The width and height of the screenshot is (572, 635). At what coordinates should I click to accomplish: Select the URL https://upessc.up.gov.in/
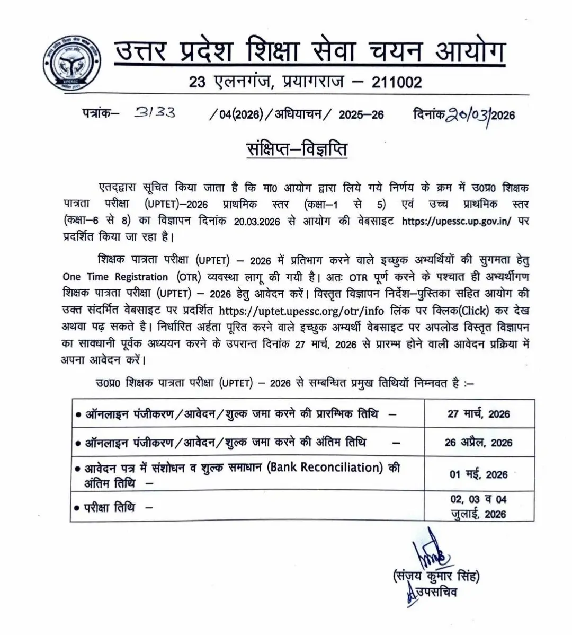tap(457, 221)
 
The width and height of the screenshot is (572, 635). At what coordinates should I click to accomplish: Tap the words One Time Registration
tap(115, 277)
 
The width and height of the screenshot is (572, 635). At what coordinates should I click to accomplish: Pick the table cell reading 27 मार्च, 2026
tap(478, 413)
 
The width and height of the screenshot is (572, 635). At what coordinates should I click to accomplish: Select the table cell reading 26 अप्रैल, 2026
tap(478, 442)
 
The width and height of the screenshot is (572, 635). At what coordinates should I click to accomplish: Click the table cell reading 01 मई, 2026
tap(478, 474)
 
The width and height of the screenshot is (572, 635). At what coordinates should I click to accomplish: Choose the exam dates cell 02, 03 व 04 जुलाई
tap(478, 506)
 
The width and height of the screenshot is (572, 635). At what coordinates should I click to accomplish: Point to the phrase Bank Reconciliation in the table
tap(325, 468)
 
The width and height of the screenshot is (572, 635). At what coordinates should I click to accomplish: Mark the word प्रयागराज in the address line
tap(307, 82)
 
